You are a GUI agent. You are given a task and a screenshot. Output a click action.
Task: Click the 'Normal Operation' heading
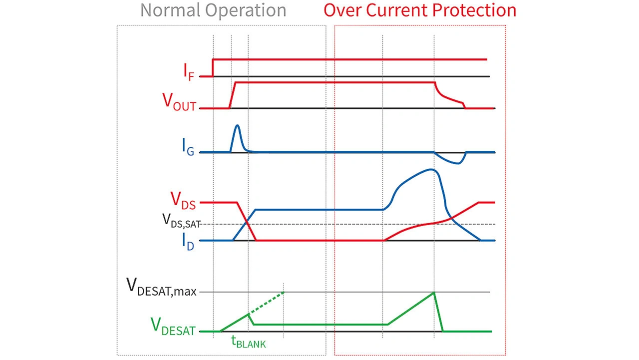213,10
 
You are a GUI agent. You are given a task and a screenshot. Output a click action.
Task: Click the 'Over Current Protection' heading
420,10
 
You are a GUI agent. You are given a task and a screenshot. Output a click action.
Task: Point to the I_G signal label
188,147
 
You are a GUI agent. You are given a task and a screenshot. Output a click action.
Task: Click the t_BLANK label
248,343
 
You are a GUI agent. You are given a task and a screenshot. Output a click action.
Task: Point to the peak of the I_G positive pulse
237,125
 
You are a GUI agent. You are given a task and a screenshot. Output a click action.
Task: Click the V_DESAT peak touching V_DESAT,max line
434,292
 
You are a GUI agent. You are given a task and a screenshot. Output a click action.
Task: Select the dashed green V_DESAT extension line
267,303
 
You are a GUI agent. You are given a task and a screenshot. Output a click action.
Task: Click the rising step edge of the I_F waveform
213,67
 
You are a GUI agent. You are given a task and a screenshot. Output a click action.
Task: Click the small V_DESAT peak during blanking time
249,314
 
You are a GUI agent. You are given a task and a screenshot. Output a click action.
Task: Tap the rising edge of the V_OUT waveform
232,95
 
